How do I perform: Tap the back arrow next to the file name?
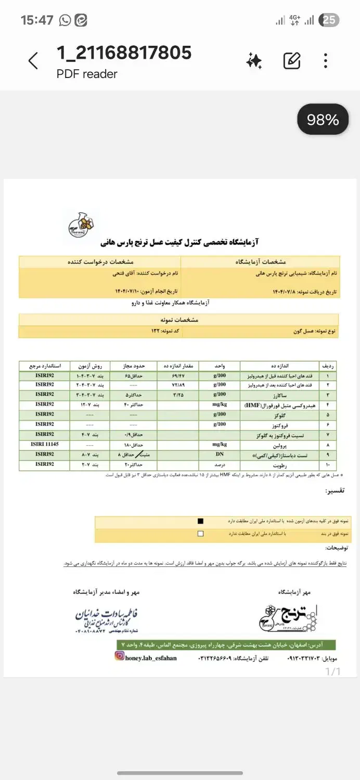[x=33, y=61]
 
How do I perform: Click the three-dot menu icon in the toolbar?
[x=326, y=61]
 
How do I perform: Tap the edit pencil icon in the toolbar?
[x=292, y=61]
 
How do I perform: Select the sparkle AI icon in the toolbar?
[x=254, y=61]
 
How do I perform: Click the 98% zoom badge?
[x=323, y=120]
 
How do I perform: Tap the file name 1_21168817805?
[x=124, y=53]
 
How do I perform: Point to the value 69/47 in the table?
[x=178, y=375]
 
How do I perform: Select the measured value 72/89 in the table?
[x=178, y=385]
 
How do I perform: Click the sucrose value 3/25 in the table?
[x=178, y=395]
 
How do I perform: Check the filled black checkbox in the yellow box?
[x=201, y=521]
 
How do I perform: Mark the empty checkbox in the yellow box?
[x=201, y=534]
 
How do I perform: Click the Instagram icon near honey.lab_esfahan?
[x=120, y=657]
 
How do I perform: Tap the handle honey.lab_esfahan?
[x=151, y=658]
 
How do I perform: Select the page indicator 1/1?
[x=332, y=671]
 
